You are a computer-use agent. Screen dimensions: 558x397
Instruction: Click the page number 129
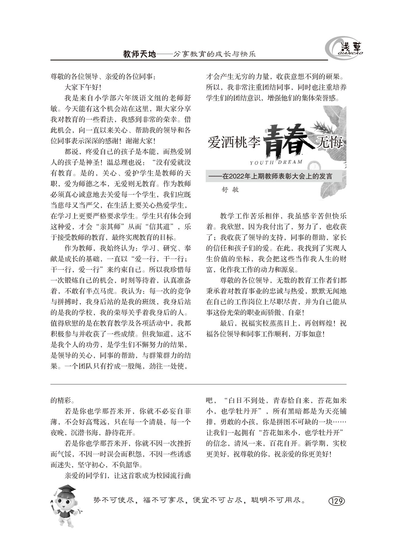coord(337,501)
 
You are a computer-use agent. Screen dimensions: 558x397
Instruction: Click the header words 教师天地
coord(140,54)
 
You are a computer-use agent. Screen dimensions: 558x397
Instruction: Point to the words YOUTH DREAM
coord(276,162)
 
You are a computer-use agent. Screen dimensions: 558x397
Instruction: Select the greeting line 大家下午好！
coord(83,88)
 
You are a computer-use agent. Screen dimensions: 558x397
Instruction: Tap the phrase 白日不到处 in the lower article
coord(246,401)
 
